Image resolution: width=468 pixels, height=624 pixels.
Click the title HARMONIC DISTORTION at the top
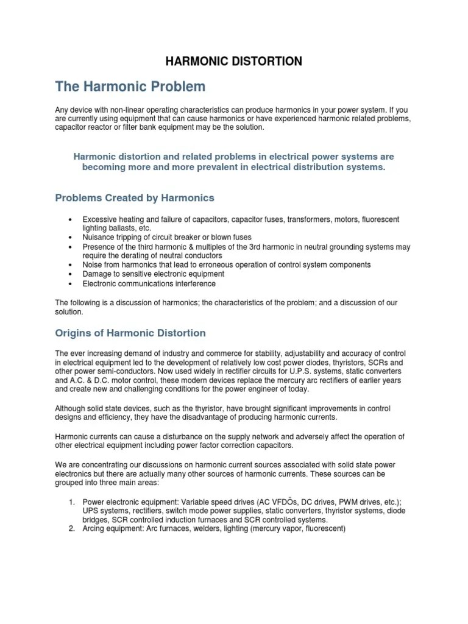click(x=235, y=61)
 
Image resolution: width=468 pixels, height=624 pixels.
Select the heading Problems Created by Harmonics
click(x=135, y=198)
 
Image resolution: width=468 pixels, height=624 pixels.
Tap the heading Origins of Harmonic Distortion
click(x=130, y=333)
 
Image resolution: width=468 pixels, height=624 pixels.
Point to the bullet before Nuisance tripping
click(x=71, y=237)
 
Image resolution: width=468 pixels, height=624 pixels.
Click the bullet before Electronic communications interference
click(x=71, y=284)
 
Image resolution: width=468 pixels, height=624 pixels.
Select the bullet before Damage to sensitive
click(x=71, y=274)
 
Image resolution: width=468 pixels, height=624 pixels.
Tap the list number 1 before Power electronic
click(x=71, y=502)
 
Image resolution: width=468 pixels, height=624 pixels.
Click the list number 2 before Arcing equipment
click(x=71, y=530)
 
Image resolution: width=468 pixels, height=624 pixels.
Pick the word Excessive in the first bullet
click(x=99, y=219)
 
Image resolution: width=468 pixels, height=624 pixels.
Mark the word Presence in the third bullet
click(x=98, y=247)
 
